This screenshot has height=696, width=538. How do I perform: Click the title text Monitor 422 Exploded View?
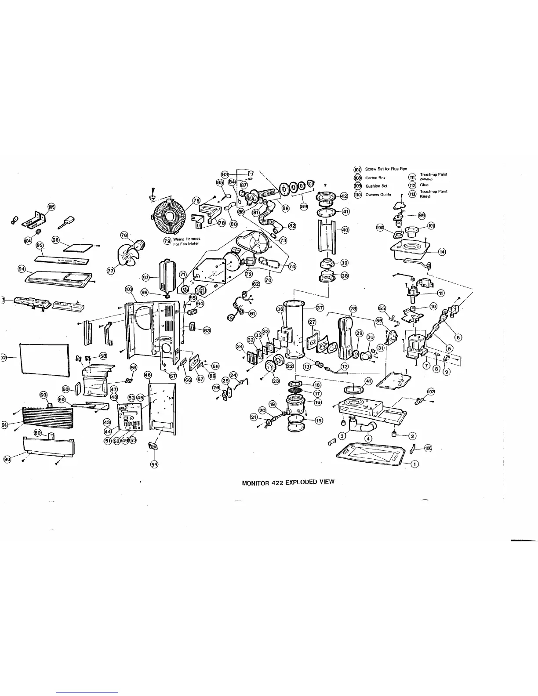click(288, 482)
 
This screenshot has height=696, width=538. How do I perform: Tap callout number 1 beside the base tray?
click(414, 464)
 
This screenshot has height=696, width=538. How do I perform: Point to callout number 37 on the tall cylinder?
click(320, 307)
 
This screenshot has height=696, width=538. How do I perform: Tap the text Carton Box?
click(375, 178)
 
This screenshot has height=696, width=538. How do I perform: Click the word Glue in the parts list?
click(424, 185)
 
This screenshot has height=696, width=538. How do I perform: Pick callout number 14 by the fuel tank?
click(442, 252)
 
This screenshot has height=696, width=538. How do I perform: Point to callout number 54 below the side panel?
click(154, 464)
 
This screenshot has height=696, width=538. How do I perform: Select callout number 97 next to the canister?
click(146, 277)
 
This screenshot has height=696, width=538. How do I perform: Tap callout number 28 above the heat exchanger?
click(353, 309)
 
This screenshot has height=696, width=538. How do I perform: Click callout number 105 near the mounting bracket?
click(51, 207)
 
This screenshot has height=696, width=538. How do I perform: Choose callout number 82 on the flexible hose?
click(292, 226)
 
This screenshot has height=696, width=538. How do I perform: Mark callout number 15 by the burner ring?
click(319, 420)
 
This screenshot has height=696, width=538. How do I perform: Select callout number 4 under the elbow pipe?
click(369, 438)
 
